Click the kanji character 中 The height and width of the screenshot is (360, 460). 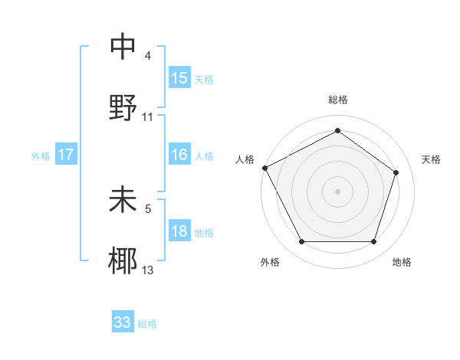123,47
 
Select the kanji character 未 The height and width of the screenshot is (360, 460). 123,200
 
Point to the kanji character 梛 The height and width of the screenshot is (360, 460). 123,260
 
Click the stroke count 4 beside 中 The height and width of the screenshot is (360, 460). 148,56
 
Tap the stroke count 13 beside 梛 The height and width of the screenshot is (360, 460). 148,270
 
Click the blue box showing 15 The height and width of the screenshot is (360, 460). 179,77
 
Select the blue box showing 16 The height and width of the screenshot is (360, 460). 179,155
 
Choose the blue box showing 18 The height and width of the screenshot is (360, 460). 179,231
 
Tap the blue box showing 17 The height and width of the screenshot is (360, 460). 66,155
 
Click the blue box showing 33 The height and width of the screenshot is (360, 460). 123,322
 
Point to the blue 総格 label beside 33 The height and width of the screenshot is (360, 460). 147,324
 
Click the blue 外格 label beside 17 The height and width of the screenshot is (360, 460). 41,156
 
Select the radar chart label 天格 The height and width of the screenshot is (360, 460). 432,159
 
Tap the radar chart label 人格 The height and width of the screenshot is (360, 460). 245,159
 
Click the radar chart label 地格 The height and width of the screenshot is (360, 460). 402,263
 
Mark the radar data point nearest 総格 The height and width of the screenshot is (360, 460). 337,131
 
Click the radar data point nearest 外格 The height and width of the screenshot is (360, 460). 301,242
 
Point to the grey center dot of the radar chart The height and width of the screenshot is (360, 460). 337,191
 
